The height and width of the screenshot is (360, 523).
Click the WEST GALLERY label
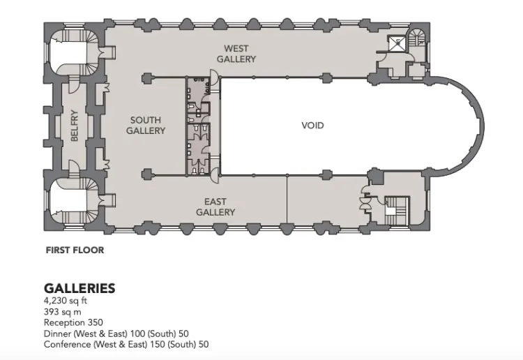[x=236, y=54]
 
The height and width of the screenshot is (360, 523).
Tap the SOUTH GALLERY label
[x=146, y=126]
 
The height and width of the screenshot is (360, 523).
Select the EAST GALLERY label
[x=215, y=207]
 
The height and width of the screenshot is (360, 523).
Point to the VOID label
[x=312, y=126]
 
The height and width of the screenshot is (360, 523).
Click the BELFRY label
[x=75, y=126]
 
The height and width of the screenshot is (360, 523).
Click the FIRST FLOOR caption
[x=75, y=250]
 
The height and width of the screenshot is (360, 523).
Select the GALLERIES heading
[x=79, y=288]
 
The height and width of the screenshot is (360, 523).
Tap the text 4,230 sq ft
[x=66, y=301]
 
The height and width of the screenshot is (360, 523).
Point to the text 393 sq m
[x=62, y=312]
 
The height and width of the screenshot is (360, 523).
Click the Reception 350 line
[x=73, y=322]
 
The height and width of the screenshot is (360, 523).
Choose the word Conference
[x=68, y=345]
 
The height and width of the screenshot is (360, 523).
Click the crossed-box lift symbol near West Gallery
[x=397, y=44]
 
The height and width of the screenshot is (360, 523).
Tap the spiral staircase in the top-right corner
[x=417, y=37]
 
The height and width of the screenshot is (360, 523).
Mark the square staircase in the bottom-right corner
[x=397, y=211]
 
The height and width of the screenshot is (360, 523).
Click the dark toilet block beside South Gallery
[x=198, y=126]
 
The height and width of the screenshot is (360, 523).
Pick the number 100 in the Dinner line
[x=137, y=333]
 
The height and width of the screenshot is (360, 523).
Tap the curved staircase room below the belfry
[x=74, y=200]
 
